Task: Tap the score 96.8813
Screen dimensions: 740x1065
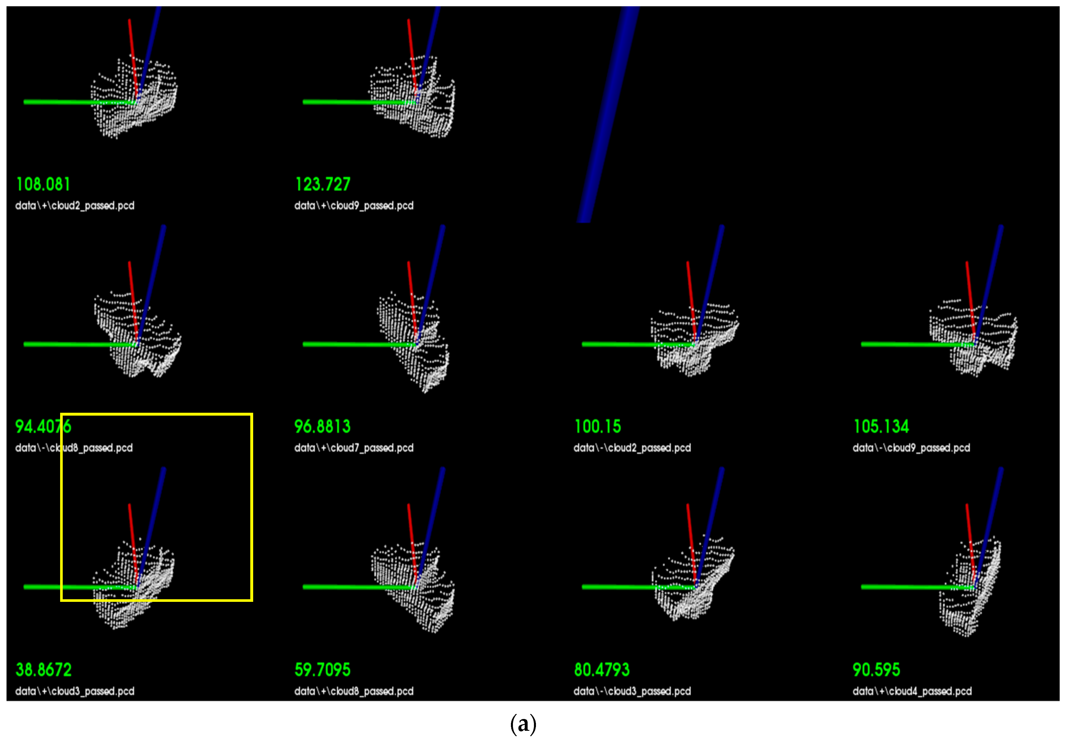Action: [322, 427]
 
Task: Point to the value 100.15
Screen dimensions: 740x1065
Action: [598, 427]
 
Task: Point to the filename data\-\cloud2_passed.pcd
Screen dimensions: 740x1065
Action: [632, 448]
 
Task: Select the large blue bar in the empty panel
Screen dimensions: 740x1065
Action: [607, 116]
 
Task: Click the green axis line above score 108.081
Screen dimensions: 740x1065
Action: [70, 102]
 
